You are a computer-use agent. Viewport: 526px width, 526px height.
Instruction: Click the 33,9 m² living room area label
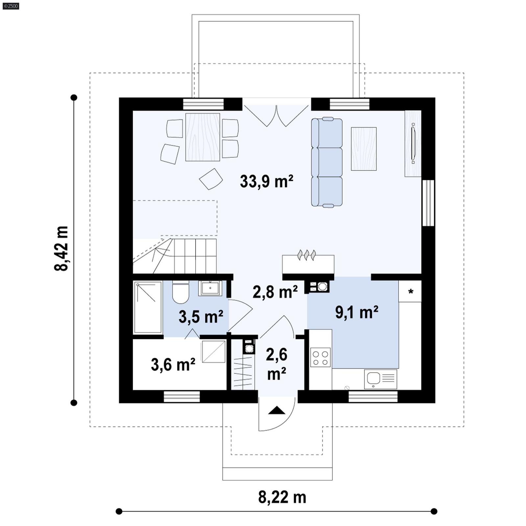(266, 181)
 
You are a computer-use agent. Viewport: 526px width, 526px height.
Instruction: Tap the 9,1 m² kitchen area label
(357, 312)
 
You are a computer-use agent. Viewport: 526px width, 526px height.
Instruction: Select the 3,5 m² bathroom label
(201, 317)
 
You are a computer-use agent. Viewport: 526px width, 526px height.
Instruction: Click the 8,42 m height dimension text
(61, 249)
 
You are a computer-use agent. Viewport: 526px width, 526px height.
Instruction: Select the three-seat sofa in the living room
(327, 162)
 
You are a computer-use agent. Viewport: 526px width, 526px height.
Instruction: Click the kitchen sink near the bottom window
(380, 379)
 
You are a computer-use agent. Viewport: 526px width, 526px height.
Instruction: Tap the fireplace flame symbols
(306, 255)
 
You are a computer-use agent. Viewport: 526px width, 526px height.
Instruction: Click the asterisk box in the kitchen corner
(410, 291)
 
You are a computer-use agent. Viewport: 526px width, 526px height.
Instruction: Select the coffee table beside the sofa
(364, 149)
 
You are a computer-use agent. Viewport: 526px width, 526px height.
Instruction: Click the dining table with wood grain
(203, 137)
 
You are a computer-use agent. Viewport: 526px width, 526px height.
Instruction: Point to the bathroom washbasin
(210, 288)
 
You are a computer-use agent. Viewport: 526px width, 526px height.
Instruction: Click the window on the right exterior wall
(428, 203)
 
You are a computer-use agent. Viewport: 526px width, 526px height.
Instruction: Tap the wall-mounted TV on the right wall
(413, 143)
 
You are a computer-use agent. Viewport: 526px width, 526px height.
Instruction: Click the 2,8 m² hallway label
(275, 292)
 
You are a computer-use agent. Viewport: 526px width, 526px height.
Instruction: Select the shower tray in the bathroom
(148, 307)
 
